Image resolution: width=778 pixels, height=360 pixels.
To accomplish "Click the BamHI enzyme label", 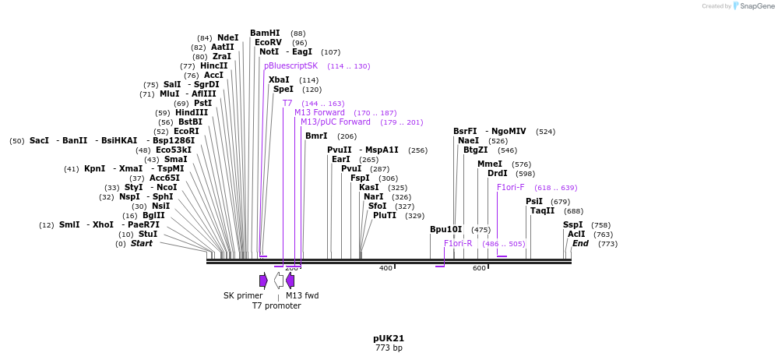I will [x=265, y=34].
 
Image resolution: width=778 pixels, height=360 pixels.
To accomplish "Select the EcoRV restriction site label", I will [x=268, y=43].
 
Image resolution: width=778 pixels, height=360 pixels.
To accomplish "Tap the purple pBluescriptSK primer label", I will [x=290, y=66].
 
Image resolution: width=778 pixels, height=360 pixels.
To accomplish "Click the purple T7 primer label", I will [x=287, y=103].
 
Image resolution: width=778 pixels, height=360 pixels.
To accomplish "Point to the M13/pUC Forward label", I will [x=336, y=122].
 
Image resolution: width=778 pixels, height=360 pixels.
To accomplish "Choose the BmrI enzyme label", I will [x=316, y=136].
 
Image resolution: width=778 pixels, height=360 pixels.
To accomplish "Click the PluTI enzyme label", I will [x=385, y=216].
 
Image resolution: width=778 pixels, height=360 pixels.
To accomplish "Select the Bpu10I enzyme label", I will [x=445, y=230].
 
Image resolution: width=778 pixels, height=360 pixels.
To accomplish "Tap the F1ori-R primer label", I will [x=458, y=244].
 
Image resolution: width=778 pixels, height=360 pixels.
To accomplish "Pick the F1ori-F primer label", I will [x=510, y=188].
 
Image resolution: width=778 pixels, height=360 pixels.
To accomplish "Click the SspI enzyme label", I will [x=572, y=225].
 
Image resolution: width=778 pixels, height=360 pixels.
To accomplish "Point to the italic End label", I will [x=580, y=244].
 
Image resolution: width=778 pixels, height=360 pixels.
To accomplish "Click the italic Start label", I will [x=141, y=244].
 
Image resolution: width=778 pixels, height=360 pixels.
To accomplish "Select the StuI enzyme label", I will [x=148, y=235].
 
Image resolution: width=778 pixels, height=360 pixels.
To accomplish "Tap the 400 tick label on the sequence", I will [x=385, y=269].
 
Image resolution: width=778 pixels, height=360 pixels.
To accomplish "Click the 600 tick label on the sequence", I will [x=479, y=269].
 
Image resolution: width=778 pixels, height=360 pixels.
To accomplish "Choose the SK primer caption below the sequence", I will [x=243, y=296].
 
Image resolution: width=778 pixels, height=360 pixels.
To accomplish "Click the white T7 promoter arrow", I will [x=278, y=281].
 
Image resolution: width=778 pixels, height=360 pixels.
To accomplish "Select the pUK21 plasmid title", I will [x=389, y=339].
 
